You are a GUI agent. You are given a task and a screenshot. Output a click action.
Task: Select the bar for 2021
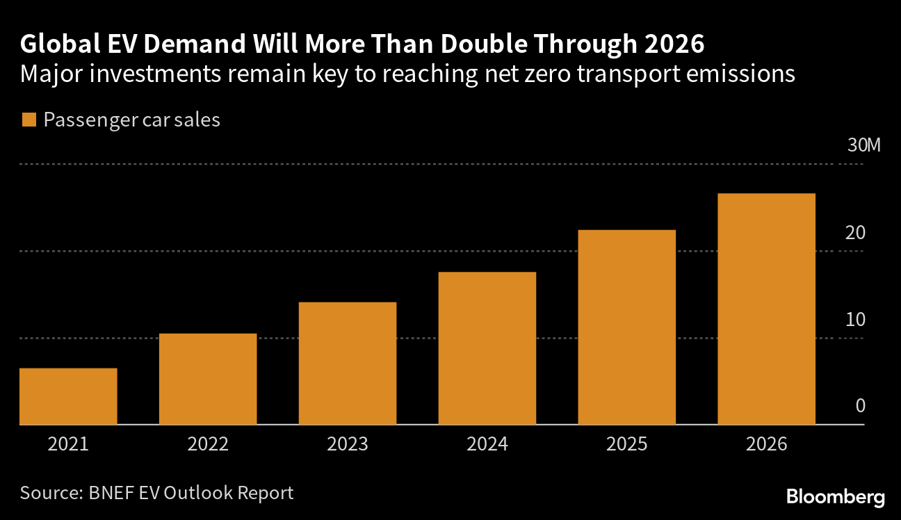[68, 396]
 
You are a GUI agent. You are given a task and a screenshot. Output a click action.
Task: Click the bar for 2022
[208, 379]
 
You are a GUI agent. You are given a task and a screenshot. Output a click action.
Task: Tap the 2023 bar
[348, 363]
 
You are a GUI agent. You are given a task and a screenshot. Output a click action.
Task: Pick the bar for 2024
[487, 348]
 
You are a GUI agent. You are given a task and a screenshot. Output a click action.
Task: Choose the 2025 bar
[627, 327]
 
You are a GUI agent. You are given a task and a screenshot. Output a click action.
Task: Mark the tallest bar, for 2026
[766, 309]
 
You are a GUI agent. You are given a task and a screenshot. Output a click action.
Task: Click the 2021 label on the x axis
[68, 444]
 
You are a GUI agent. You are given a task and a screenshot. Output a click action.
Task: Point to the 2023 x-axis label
[348, 444]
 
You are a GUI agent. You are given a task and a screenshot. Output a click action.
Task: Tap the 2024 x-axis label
[487, 444]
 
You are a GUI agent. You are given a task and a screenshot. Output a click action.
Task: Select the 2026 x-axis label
[766, 444]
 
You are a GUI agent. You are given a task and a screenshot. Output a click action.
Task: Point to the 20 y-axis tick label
[854, 233]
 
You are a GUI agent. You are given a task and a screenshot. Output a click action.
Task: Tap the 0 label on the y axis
[860, 406]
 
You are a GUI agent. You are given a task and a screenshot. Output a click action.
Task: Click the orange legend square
[29, 120]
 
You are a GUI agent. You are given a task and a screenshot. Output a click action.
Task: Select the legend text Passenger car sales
[131, 120]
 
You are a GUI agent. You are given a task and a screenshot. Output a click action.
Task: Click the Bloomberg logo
[835, 496]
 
